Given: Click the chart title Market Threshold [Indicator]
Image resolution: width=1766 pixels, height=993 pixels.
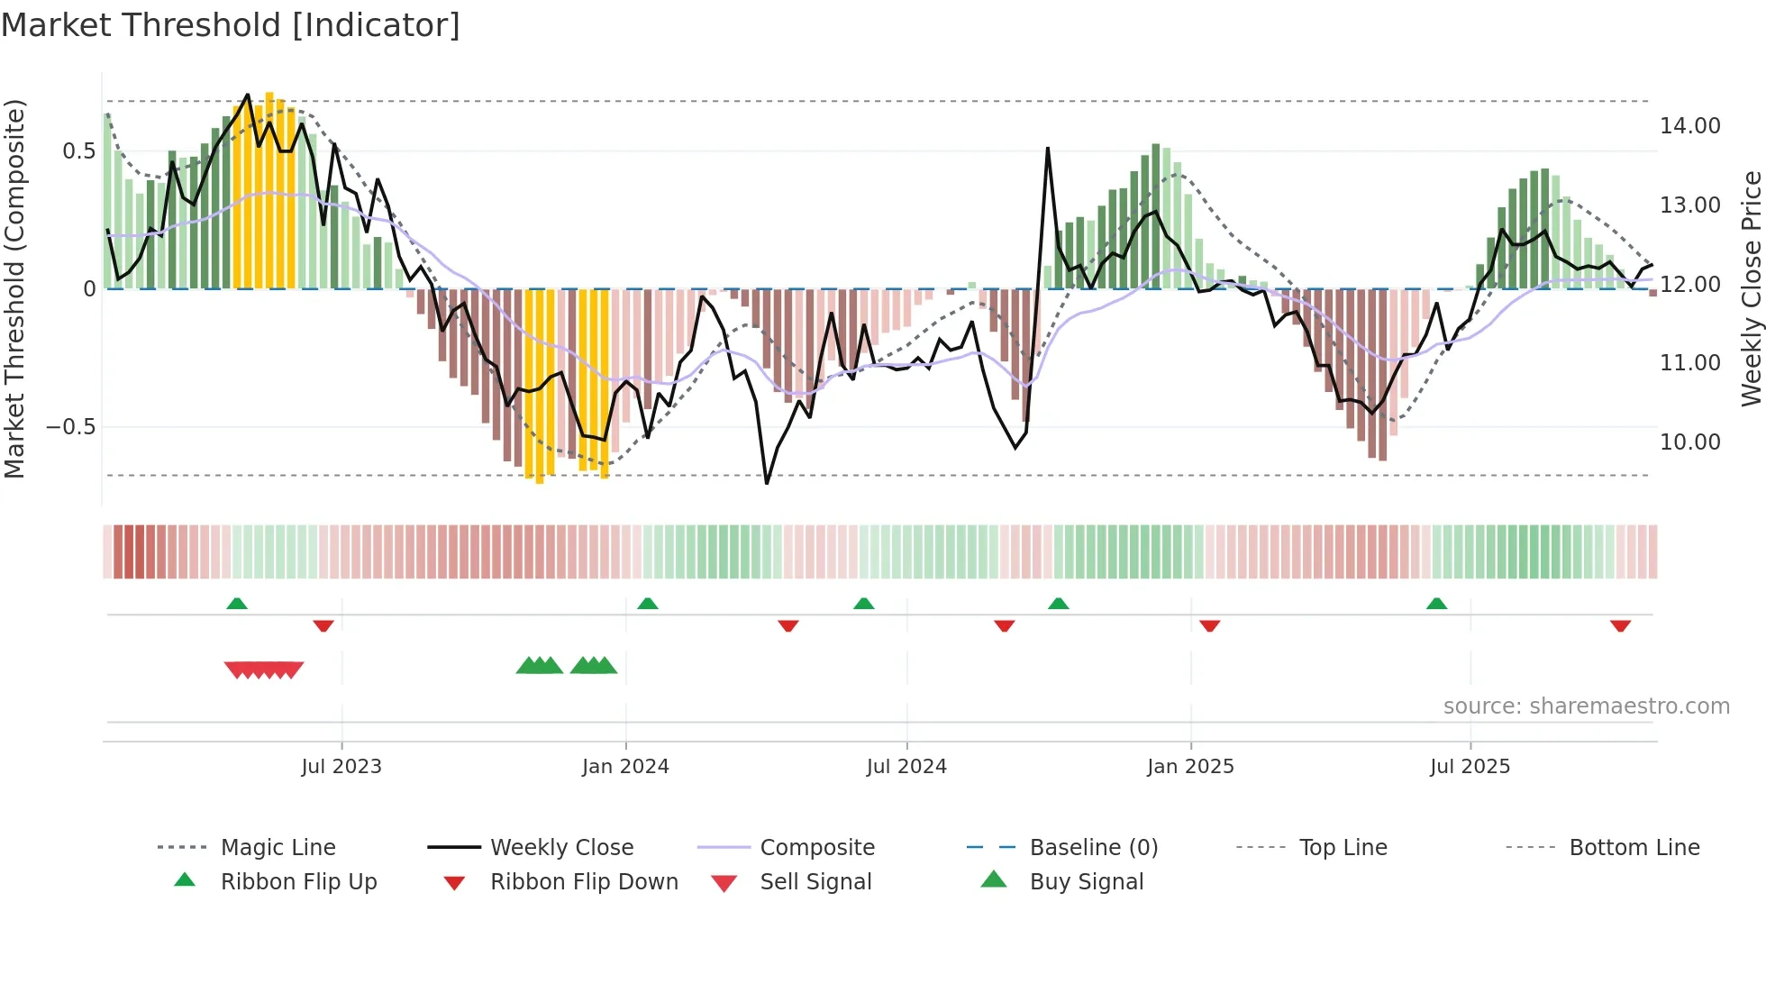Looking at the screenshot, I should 231,25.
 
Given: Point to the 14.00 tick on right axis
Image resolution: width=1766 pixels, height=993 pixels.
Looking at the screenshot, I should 1689,126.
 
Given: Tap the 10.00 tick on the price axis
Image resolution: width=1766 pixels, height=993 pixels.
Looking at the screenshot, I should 1689,442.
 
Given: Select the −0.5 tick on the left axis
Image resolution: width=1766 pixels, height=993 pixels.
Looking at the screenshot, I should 70,427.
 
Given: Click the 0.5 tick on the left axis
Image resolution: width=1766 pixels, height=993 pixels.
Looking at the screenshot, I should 78,151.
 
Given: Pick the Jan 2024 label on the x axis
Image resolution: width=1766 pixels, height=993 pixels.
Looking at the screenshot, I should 625,767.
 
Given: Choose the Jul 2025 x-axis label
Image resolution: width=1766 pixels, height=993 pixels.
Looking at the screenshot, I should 1470,767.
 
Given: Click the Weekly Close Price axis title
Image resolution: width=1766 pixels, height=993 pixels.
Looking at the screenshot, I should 1751,288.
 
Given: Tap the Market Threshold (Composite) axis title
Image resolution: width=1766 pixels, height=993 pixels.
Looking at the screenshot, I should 14,288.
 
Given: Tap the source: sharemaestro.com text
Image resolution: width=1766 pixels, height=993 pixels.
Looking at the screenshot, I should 1586,706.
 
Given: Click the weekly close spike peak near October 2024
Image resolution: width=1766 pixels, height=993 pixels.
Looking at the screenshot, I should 1048,149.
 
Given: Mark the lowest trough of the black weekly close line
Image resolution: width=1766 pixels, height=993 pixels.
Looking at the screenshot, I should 767,483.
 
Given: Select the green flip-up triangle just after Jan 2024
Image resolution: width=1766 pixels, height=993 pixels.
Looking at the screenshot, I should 648,604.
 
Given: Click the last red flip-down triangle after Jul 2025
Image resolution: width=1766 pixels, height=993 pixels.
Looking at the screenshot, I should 1620,625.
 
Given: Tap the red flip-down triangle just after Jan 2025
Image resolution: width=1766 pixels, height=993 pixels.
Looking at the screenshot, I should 1209,625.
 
